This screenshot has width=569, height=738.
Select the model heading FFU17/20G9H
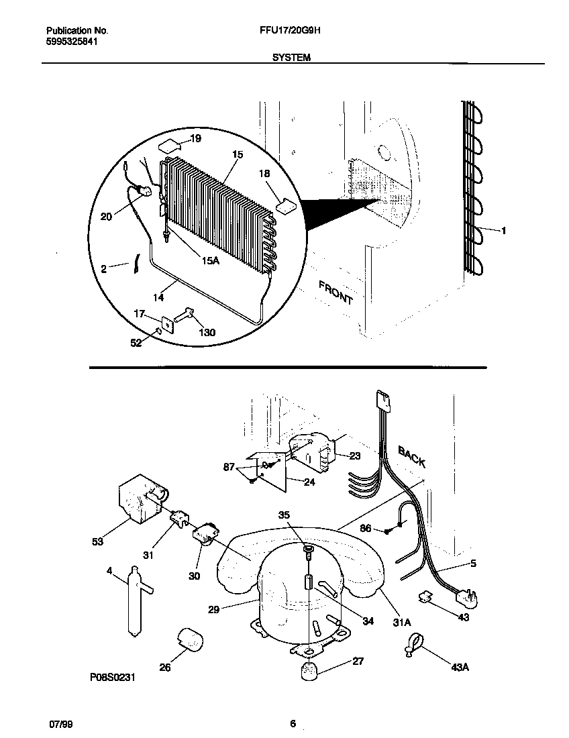pos(293,31)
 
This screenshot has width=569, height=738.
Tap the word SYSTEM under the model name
pos(291,58)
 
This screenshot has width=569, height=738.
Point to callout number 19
pos(195,139)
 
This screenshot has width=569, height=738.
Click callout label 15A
pos(210,260)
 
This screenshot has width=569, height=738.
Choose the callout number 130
pos(207,333)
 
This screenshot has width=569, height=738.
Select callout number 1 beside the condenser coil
pos(503,230)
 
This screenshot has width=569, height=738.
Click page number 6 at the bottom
pos(293,724)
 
